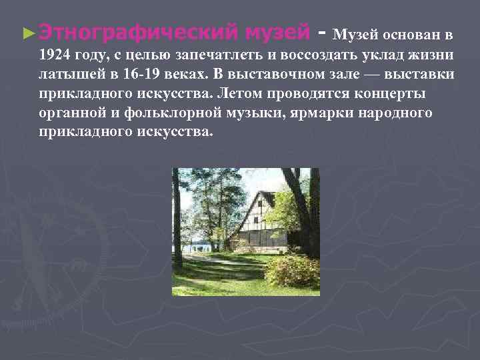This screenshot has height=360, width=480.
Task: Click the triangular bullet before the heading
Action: click(27, 31)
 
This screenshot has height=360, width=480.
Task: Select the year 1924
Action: click(55, 54)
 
